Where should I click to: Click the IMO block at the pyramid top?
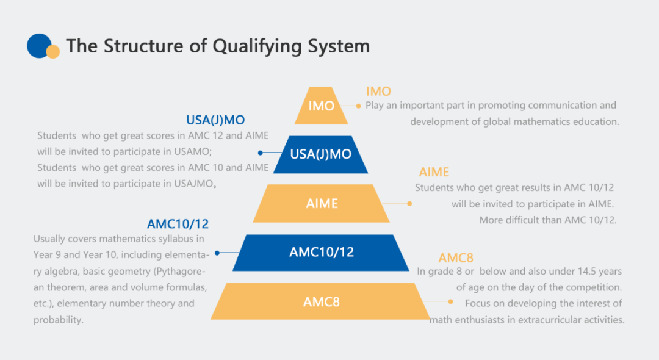coord(321,106)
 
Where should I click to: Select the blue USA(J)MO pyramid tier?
coord(321,154)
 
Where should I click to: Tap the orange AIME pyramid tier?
coord(322,203)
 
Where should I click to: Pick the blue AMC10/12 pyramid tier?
coord(321,252)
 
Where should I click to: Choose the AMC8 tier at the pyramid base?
coord(321,301)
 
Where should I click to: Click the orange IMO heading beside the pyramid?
coord(378,91)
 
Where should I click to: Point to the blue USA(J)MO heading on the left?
coord(215,120)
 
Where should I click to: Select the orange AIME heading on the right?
coord(434,172)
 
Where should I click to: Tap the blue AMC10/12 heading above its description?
coord(178,224)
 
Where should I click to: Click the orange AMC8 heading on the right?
coord(456,257)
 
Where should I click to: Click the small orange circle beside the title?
coord(53,52)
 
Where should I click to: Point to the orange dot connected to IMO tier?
coord(358,106)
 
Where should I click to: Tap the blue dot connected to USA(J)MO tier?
coord(261,153)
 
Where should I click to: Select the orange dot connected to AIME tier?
coord(409,204)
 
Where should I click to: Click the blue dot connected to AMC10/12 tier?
coord(217,253)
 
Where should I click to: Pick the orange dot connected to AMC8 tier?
coord(450,301)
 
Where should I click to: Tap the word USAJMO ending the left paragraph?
coord(194,184)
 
